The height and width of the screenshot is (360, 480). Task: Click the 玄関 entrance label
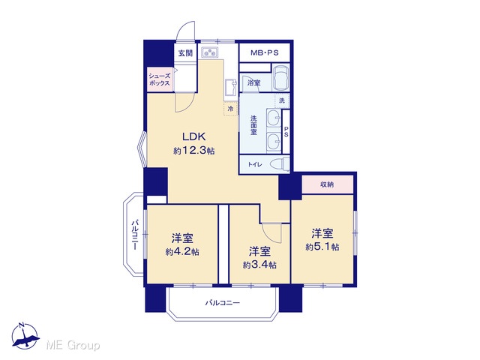(x=186, y=52)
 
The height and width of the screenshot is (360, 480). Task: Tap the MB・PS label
(x=265, y=52)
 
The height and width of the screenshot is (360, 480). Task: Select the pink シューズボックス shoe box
(x=160, y=79)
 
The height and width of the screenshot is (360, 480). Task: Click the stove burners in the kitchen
(x=210, y=52)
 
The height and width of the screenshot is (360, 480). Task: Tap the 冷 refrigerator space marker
(x=230, y=108)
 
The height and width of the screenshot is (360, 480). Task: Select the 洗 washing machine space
(x=282, y=100)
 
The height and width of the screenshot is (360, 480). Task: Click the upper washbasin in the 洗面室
(x=274, y=117)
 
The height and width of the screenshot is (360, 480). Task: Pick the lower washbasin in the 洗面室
(x=274, y=142)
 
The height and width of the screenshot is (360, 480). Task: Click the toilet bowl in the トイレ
(x=282, y=164)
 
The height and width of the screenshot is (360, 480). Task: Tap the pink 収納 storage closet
(x=327, y=184)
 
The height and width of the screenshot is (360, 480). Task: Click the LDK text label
(x=193, y=136)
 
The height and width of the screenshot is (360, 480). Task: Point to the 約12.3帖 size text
(x=193, y=151)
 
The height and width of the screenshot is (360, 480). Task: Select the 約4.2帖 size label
(x=182, y=252)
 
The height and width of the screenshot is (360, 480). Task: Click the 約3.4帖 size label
(x=259, y=265)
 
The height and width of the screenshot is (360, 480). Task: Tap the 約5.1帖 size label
(x=322, y=247)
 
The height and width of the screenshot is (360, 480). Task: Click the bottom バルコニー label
(x=223, y=303)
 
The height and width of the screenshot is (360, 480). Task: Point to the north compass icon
(x=25, y=336)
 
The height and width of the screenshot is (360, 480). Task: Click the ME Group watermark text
(x=73, y=346)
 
